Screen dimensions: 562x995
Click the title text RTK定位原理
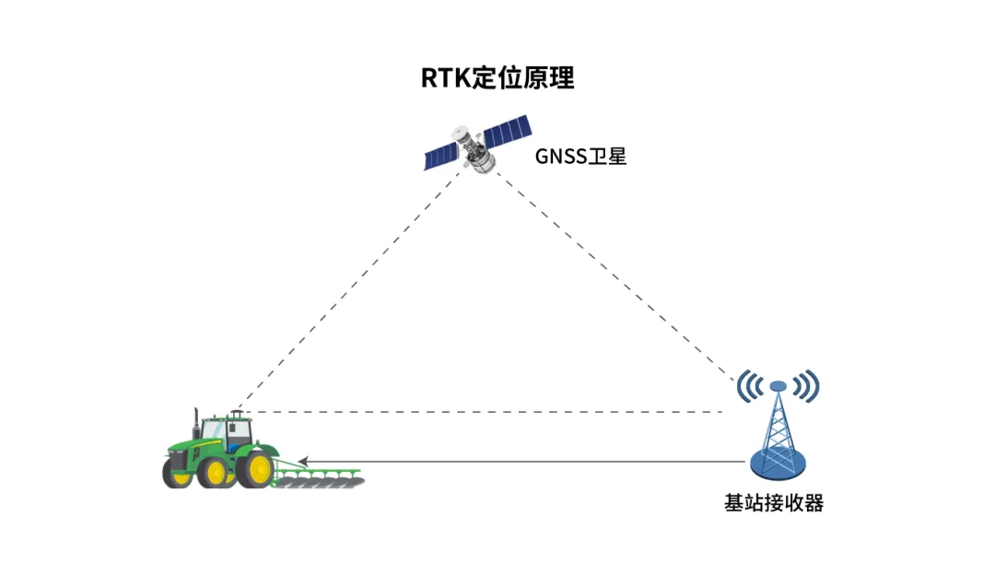point(497,79)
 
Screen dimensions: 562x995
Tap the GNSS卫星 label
point(580,157)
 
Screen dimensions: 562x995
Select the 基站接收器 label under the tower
point(774,503)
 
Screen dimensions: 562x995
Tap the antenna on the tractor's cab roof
point(235,414)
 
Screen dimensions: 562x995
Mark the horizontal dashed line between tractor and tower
point(479,412)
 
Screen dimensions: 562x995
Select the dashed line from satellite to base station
point(617,276)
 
